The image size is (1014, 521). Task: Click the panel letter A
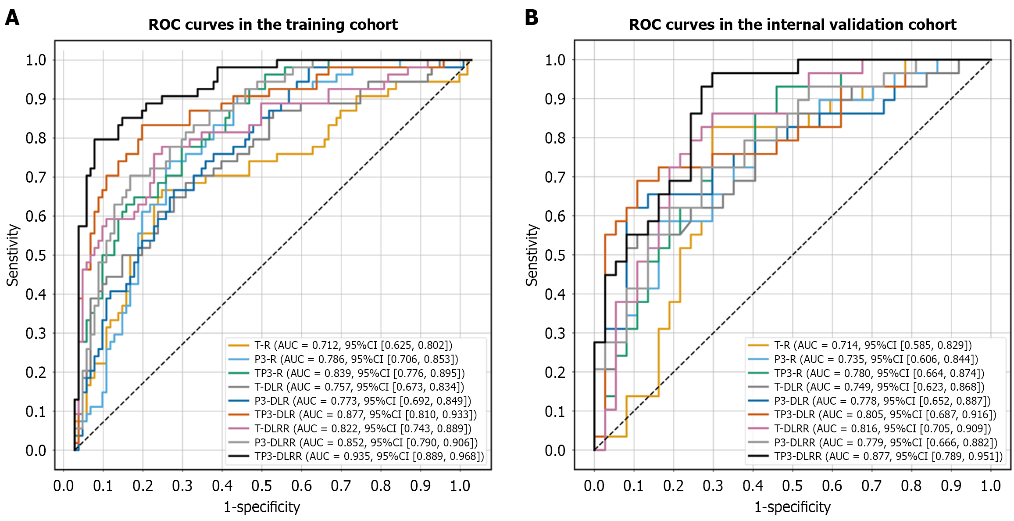12,18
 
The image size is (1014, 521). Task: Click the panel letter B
532,18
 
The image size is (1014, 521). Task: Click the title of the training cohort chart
273,25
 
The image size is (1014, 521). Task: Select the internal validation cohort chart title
793,25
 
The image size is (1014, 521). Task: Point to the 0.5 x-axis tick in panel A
262,486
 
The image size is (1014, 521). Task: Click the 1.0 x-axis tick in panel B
991,486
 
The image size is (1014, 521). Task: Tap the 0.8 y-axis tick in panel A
36,138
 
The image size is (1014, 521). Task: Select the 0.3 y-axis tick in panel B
555,334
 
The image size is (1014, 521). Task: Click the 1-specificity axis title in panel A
262,507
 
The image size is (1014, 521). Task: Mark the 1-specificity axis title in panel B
792,507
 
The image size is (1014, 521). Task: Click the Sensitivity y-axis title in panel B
532,255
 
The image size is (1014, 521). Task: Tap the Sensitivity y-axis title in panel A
12,255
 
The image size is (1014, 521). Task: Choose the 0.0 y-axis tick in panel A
36,451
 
